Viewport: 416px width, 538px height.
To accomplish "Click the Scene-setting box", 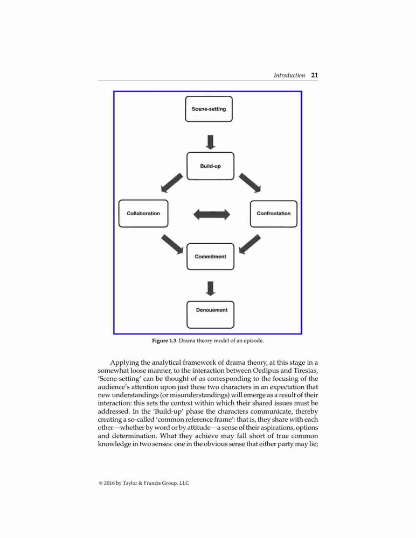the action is coord(209,109).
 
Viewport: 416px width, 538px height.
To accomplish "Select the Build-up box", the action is coord(210,166).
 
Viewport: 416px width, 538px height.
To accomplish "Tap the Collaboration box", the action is coord(143,214).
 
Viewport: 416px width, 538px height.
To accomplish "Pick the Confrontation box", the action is coord(274,214).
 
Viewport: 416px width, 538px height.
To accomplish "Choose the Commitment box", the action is coord(210,257).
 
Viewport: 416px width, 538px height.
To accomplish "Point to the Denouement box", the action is coord(210,315).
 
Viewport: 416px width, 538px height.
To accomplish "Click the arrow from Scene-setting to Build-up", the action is coord(210,142).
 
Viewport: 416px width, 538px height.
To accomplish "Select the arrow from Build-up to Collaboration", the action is coord(172,183).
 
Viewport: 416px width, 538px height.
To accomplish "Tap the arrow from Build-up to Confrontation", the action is coord(250,183).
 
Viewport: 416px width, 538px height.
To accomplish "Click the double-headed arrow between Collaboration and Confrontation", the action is coord(211,215).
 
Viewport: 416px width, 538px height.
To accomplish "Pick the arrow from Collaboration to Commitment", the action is coord(172,244).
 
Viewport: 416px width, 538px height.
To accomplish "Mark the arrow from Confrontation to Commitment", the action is coord(249,244).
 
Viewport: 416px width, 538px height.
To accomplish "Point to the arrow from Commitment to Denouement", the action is coord(210,288).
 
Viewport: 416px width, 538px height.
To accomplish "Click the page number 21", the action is coord(315,75).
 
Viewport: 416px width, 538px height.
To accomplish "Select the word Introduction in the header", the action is coord(289,75).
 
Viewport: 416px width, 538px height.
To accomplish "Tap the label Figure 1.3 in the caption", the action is coord(165,341).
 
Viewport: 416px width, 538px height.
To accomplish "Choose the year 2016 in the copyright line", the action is coord(109,483).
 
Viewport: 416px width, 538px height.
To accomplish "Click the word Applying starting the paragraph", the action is coord(124,363).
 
